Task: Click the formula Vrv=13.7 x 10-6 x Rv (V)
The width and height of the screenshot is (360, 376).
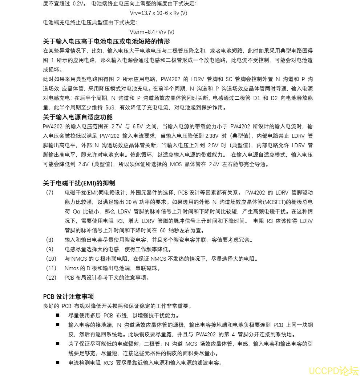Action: click(x=158, y=13)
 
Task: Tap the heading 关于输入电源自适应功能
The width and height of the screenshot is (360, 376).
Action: click(x=78, y=117)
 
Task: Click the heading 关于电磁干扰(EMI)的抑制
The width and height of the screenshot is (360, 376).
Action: click(x=79, y=183)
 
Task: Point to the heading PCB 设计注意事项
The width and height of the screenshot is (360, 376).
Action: click(x=68, y=297)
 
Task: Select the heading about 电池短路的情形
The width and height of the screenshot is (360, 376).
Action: click(x=106, y=41)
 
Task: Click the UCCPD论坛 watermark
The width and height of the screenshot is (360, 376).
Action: click(x=333, y=371)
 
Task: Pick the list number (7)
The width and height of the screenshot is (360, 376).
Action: click(x=50, y=193)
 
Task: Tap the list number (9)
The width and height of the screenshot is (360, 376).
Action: click(x=50, y=249)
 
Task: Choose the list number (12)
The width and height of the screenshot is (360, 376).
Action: click(x=51, y=278)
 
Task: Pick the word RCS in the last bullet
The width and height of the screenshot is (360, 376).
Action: click(x=109, y=363)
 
